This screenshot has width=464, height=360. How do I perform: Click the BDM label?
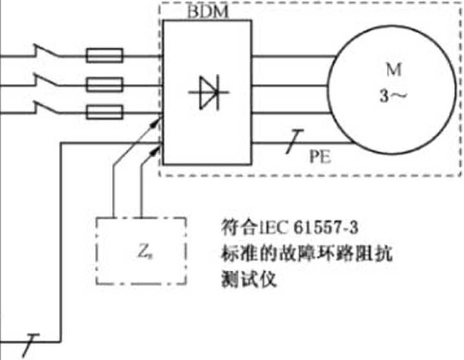pos(207,12)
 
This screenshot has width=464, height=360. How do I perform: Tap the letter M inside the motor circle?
pos(389,69)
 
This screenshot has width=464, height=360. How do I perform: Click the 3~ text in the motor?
pos(389,98)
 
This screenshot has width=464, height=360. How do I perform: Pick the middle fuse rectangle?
pos(106,84)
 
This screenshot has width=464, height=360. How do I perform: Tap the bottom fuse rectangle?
pos(106,111)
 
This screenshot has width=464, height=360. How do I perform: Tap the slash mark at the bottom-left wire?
pos(29,341)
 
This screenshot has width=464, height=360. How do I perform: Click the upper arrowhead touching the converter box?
pos(158,120)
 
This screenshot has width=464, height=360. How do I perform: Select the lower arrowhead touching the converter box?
pos(157,148)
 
